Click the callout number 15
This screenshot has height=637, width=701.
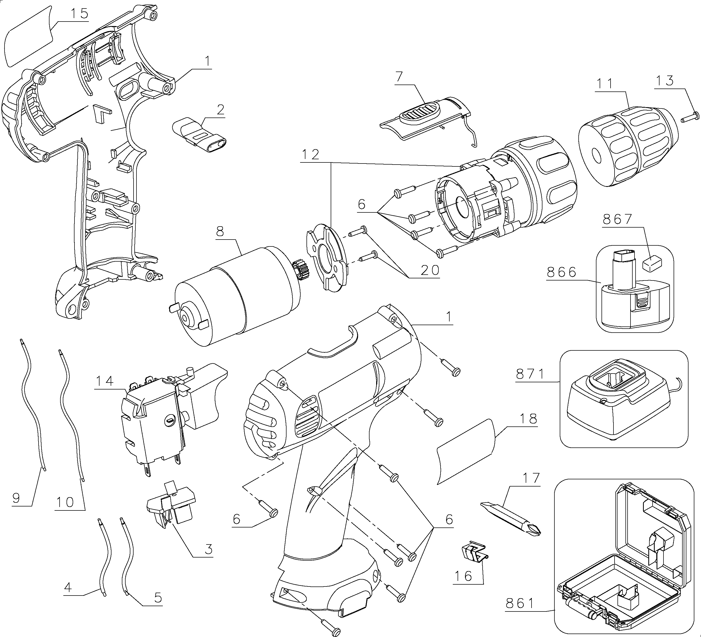coord(80,14)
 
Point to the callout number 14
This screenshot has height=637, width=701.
coord(105,381)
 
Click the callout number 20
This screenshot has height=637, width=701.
coord(430,270)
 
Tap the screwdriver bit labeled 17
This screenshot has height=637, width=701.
coord(511,519)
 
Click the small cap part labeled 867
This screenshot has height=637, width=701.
coord(652,263)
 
